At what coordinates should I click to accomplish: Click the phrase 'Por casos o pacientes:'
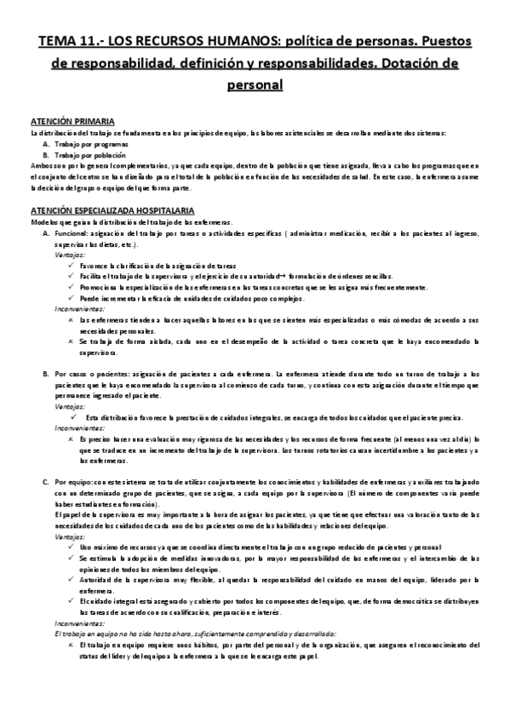(x=93, y=375)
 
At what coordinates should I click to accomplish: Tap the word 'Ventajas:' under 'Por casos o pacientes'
(x=70, y=407)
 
